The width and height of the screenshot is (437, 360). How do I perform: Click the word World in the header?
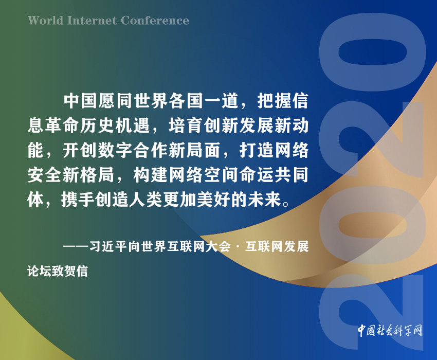[46, 21]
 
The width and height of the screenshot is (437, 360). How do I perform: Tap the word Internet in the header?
[92, 21]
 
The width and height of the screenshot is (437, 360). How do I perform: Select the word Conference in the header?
[155, 21]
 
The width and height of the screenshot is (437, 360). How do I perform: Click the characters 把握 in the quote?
[274, 101]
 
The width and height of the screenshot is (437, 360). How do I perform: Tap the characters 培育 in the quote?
[185, 125]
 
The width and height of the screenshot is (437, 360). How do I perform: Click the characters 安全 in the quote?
[45, 175]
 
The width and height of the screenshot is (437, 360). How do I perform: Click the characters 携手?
[78, 200]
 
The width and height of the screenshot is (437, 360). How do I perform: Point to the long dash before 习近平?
[76, 247]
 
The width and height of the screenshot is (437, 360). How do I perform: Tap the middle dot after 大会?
[238, 247]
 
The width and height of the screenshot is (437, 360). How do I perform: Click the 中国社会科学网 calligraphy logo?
[390, 331]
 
